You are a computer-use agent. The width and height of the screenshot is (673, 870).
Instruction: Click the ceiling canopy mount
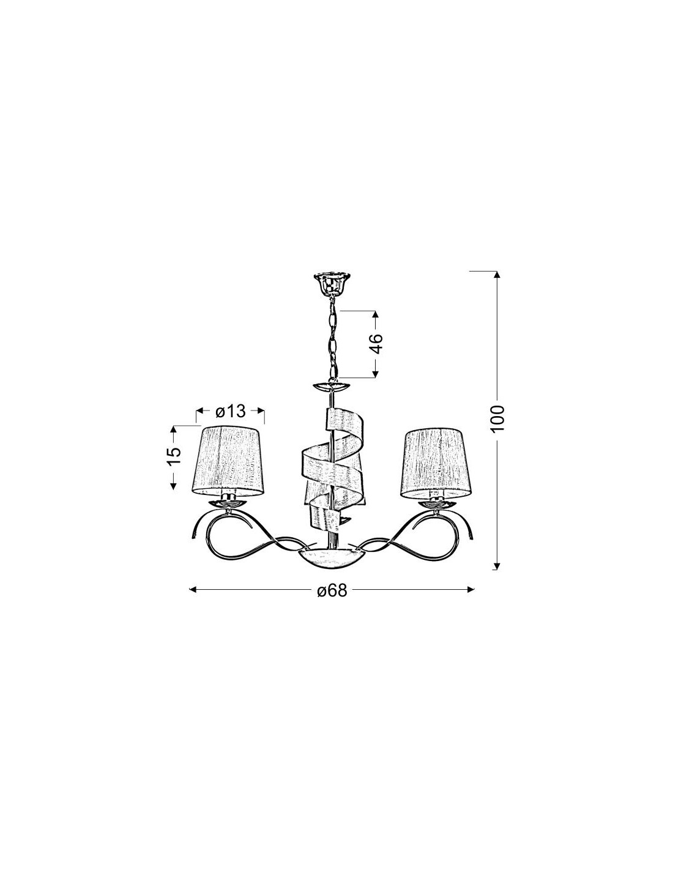[332, 282]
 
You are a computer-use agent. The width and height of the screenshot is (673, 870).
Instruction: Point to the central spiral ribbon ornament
[332, 469]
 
